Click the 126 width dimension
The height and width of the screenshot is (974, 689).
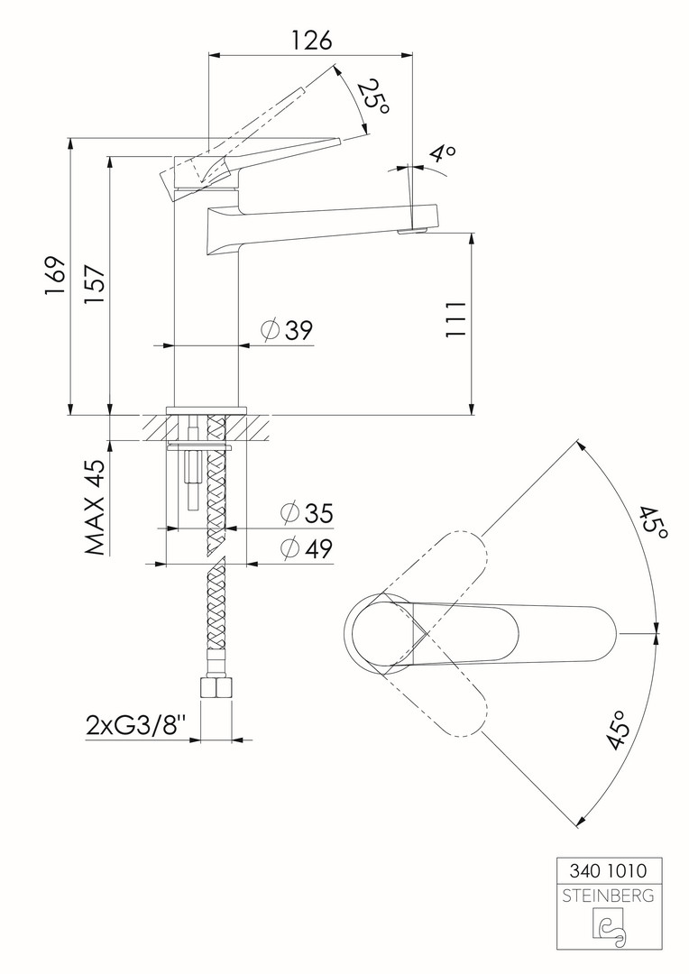(x=312, y=41)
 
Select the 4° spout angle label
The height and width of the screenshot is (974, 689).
(x=444, y=152)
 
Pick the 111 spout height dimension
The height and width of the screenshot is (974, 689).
(x=455, y=319)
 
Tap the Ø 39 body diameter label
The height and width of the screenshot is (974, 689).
(x=287, y=330)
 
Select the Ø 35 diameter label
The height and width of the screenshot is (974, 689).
(x=307, y=513)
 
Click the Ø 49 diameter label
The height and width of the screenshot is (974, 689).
(x=307, y=548)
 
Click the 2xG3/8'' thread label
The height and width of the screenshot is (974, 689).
(x=137, y=725)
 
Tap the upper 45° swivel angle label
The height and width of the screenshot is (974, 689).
(x=652, y=522)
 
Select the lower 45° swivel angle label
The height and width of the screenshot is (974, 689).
(x=620, y=730)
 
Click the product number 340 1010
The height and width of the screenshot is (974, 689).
(x=608, y=871)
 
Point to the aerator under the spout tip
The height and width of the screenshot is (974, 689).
(x=412, y=232)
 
